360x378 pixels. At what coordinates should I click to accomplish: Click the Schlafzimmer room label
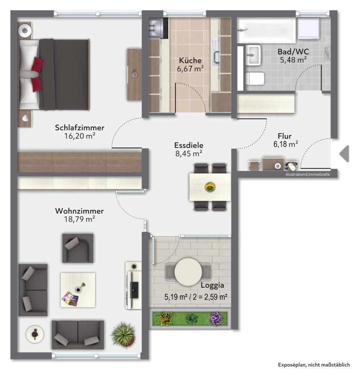click(x=79, y=127)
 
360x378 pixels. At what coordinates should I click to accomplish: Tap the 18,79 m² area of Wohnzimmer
click(x=79, y=219)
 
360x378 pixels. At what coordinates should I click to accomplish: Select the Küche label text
click(x=190, y=60)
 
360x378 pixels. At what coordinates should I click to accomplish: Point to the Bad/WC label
click(x=293, y=52)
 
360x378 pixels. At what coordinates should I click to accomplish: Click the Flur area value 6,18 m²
click(x=286, y=144)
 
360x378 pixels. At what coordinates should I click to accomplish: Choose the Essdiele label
click(x=189, y=145)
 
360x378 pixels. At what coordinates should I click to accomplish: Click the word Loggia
click(x=213, y=285)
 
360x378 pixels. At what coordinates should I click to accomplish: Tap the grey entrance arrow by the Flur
click(x=344, y=154)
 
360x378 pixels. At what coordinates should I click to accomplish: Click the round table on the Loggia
click(x=188, y=272)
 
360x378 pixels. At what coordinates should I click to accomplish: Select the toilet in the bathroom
click(x=255, y=79)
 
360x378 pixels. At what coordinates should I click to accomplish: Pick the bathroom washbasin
click(x=253, y=55)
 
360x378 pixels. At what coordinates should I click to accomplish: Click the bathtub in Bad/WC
click(x=266, y=30)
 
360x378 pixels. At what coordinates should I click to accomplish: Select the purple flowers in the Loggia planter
click(x=217, y=319)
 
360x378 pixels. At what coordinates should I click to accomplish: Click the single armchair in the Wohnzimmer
click(x=78, y=248)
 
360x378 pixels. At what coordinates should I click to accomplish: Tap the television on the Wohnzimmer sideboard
click(x=134, y=289)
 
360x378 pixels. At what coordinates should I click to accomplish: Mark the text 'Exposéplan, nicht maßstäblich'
click(x=314, y=365)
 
